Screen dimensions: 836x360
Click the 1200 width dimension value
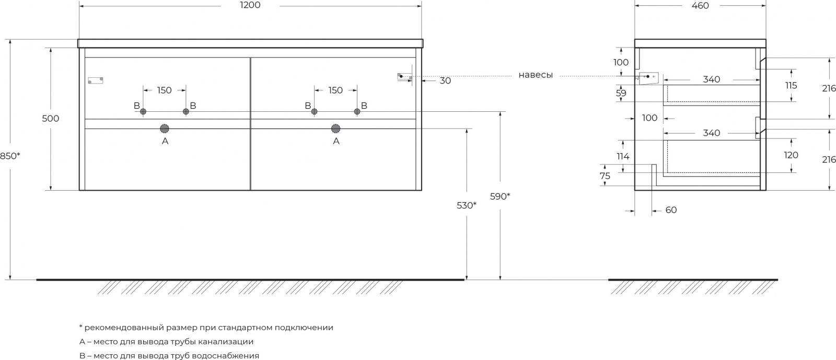pos(250,5)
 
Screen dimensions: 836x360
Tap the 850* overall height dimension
pos(10,156)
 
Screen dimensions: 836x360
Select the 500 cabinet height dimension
pos(50,119)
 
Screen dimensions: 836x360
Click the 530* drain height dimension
pos(467,205)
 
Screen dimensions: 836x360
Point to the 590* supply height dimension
pos(500,196)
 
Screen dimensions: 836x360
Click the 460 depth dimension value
pos(700,6)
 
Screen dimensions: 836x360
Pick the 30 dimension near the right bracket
pos(445,80)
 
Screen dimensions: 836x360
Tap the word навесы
pos(536,75)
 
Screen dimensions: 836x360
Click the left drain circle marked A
pos(165,129)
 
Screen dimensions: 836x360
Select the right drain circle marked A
pos(336,129)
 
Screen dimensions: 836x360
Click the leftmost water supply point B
pos(143,111)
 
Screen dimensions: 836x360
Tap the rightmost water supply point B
pos(357,111)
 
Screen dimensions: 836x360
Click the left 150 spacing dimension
pos(164,90)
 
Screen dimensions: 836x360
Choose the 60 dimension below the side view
pos(671,210)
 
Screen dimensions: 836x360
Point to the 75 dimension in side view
pos(605,176)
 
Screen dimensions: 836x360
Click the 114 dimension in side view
pos(623,156)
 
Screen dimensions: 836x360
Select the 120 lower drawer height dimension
pos(791,155)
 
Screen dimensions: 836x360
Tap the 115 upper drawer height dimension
pos(791,86)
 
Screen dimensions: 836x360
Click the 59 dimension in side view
pos(621,93)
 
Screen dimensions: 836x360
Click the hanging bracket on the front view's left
pos(96,80)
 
